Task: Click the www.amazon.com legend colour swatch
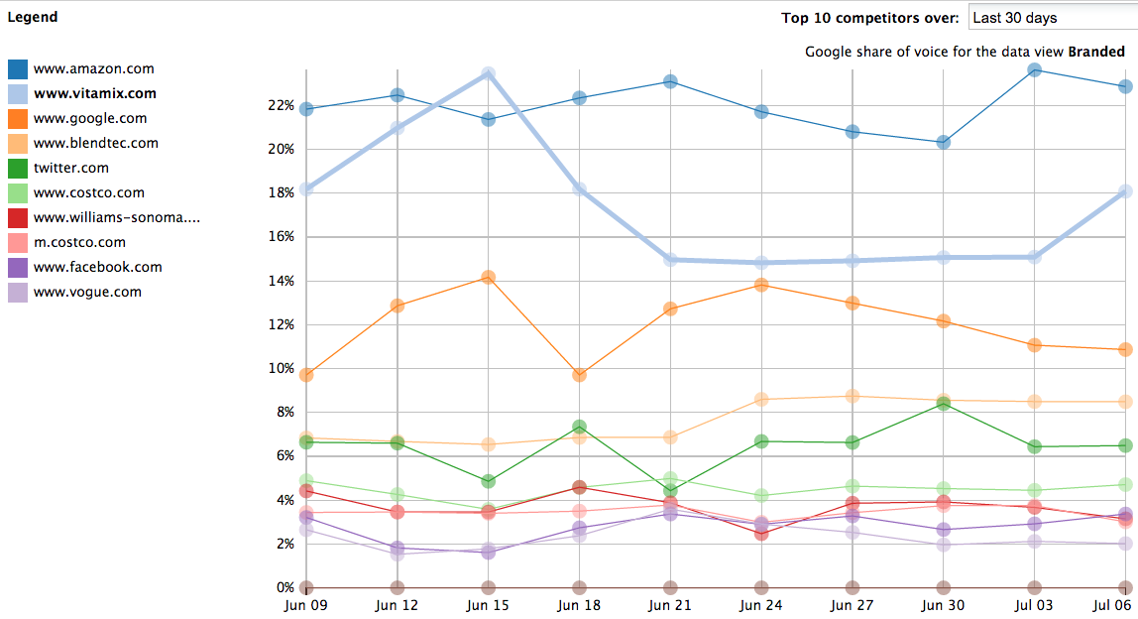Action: [18, 69]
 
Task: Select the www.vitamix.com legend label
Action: [94, 94]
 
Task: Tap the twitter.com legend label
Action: [70, 169]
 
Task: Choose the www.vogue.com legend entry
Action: [87, 293]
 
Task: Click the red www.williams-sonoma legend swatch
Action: [18, 218]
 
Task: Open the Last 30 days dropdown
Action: [1052, 18]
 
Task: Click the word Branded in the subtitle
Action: [1095, 52]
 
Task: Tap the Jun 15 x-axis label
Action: [488, 604]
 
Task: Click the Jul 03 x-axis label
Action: [1035, 604]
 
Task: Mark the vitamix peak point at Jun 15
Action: [488, 74]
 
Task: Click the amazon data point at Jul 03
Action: [1035, 69]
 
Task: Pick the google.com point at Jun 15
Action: [488, 277]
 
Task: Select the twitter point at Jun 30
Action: [944, 404]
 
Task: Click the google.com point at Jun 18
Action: [579, 375]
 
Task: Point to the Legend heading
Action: [33, 17]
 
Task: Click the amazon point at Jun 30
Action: [944, 142]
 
